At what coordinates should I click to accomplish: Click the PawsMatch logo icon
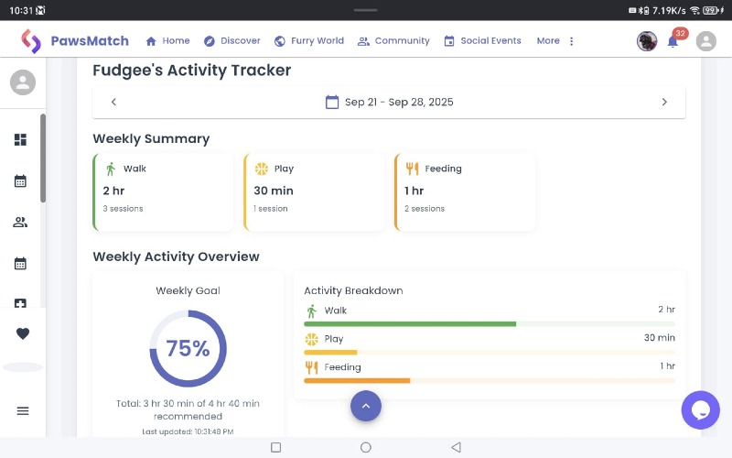[x=31, y=41]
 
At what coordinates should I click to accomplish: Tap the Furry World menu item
[x=308, y=41]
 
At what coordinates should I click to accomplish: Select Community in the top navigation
[x=393, y=41]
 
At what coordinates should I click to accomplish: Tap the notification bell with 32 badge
[x=673, y=41]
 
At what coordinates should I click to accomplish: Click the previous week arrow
[x=113, y=102]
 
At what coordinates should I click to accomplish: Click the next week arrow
[x=664, y=102]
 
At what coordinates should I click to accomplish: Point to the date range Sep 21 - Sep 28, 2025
[x=390, y=102]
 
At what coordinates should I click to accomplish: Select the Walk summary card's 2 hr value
[x=113, y=191]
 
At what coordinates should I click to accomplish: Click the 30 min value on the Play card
[x=274, y=191]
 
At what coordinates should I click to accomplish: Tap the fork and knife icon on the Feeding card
[x=412, y=169]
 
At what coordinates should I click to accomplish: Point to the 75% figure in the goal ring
[x=188, y=349]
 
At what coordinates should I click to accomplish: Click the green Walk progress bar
[x=410, y=324]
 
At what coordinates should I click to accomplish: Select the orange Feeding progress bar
[x=357, y=380]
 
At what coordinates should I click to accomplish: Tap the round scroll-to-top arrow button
[x=366, y=406]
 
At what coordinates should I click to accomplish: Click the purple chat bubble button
[x=701, y=409]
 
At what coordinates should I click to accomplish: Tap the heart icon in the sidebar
[x=23, y=334]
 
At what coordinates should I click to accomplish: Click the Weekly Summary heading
[x=151, y=138]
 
